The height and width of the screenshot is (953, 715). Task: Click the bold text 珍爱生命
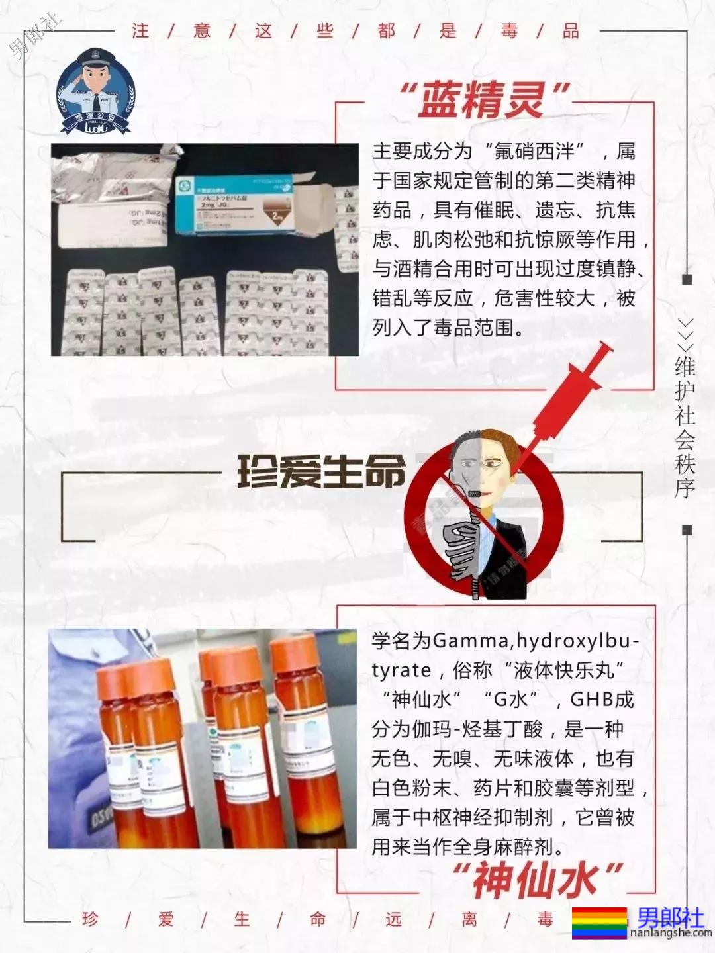click(320, 472)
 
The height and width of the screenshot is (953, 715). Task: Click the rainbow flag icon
click(599, 923)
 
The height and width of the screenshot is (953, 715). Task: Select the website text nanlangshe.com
click(671, 934)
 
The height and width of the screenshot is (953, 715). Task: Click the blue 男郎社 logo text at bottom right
click(671, 917)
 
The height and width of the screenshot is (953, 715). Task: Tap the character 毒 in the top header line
click(509, 31)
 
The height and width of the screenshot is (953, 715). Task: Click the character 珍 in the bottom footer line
click(90, 919)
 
